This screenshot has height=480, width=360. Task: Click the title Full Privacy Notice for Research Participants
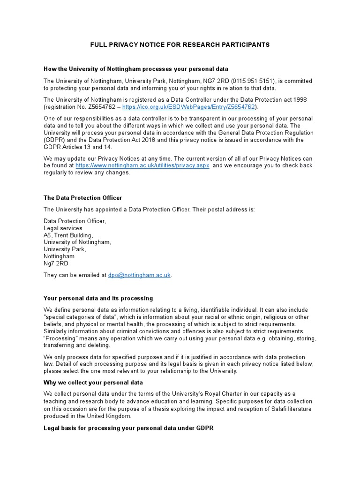pos(180,45)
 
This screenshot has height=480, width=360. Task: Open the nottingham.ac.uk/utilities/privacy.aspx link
pos(142,165)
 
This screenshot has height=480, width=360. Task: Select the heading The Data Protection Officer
pos(82,198)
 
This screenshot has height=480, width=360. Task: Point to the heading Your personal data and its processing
pos(98,298)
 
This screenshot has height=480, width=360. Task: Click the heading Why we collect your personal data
pos(93,382)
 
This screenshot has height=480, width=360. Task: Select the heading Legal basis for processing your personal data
pos(128,428)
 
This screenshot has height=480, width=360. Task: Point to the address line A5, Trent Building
pos(68,235)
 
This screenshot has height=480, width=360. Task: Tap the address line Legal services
pos(63,228)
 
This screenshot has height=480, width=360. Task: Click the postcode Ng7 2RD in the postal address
pos(56,263)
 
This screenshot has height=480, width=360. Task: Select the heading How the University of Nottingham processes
pos(135,69)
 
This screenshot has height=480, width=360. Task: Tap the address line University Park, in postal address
pos(65,249)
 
